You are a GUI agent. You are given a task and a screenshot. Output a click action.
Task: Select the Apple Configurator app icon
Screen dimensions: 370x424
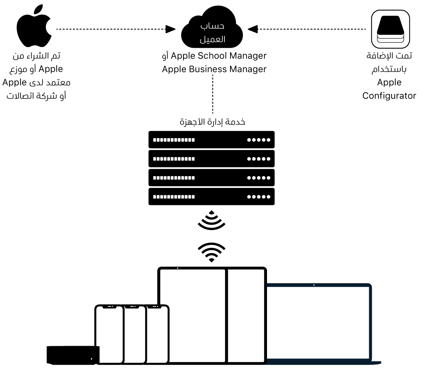[x=390, y=29]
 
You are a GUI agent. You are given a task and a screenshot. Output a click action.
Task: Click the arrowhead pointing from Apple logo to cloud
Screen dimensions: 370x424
[x=171, y=29]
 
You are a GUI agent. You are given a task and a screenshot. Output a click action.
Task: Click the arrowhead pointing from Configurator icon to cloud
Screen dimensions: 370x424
[x=253, y=29]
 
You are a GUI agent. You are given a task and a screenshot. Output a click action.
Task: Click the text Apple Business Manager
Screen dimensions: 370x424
[x=214, y=69]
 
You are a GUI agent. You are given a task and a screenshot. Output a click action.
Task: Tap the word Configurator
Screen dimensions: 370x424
[x=389, y=96]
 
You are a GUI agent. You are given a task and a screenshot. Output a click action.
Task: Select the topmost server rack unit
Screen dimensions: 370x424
[x=211, y=140]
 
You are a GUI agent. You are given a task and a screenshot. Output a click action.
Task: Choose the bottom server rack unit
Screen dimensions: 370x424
[x=211, y=197]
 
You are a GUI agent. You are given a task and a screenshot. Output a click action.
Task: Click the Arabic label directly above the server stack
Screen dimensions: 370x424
[x=212, y=122]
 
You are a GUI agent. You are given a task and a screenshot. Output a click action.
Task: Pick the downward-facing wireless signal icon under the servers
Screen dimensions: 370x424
[x=211, y=220]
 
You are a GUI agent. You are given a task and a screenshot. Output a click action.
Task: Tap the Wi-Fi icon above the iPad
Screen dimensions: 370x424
[x=211, y=252]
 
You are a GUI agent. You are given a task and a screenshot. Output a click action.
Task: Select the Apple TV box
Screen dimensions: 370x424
[x=73, y=354]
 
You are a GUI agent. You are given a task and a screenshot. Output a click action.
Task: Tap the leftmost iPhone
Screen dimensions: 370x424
[x=109, y=334]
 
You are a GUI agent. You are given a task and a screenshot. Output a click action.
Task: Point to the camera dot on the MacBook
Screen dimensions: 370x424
[x=314, y=286]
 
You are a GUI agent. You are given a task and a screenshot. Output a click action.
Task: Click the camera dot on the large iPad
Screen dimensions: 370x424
[x=178, y=268]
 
